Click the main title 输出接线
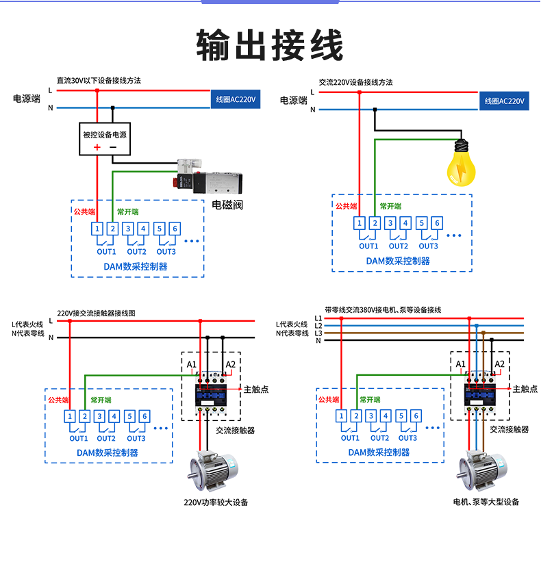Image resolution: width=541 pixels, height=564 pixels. click(270, 46)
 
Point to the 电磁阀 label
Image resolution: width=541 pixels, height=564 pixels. click(227, 204)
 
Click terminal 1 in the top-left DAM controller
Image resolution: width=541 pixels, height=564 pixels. click(98, 229)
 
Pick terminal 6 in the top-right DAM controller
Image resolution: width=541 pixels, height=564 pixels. click(437, 222)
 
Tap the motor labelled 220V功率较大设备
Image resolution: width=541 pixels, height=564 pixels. click(214, 470)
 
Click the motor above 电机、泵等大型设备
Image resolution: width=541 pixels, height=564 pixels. click(483, 470)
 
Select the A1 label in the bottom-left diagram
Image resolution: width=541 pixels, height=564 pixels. click(191, 364)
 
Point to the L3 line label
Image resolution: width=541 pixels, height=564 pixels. click(318, 333)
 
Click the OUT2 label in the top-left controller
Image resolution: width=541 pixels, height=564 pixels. click(136, 251)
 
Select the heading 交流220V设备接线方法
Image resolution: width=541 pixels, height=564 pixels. click(355, 82)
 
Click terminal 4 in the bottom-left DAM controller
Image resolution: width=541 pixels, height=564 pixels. click(114, 415)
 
